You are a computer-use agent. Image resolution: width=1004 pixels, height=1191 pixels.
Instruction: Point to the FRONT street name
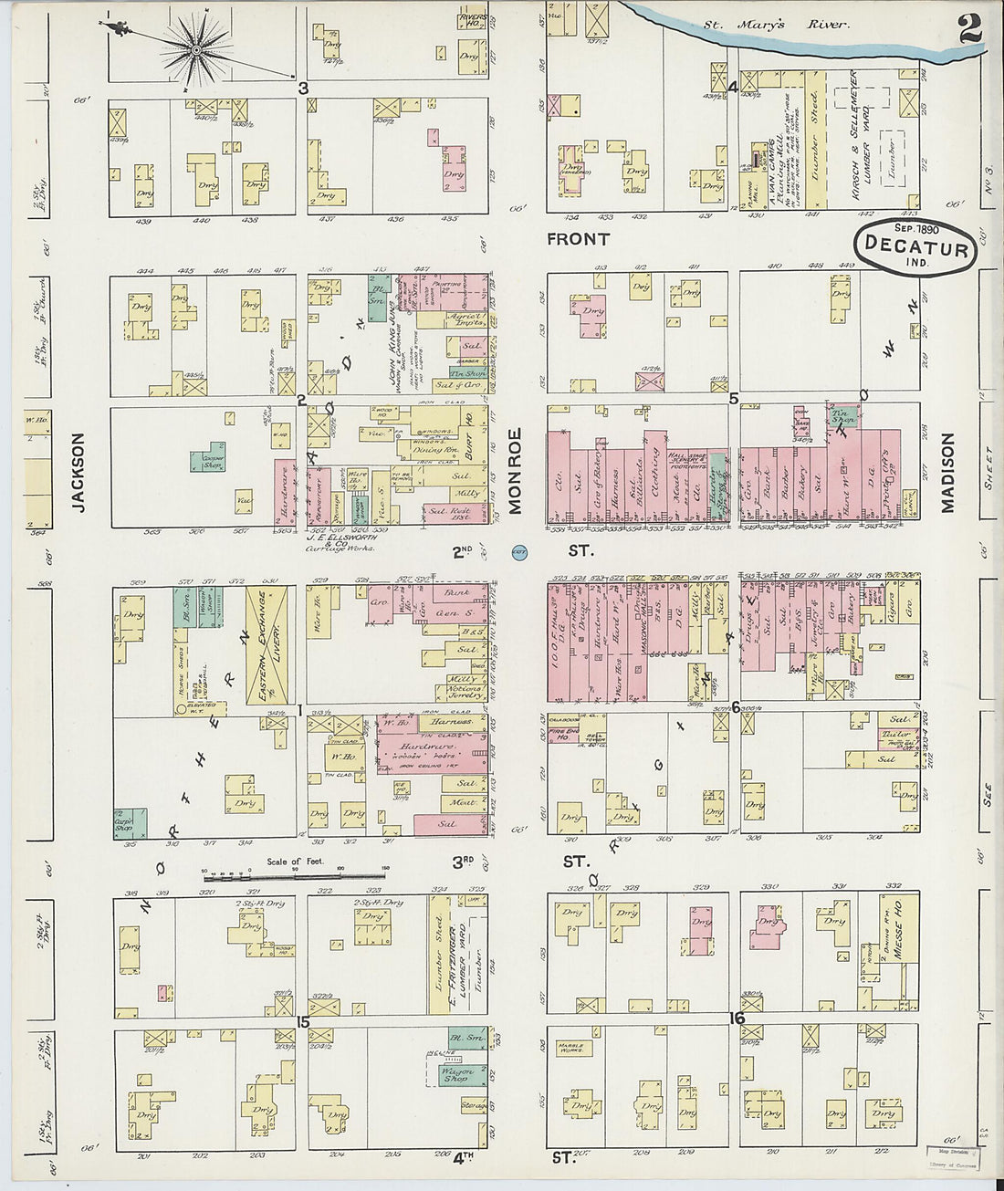578,239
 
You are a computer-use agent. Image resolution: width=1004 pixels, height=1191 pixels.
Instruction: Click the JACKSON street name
79,472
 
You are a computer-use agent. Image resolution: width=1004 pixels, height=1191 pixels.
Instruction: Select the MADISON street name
946,472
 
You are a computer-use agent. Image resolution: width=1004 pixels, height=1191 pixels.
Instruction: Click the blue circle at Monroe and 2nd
520,551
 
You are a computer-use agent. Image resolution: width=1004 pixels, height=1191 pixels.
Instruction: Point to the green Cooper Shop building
209,461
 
